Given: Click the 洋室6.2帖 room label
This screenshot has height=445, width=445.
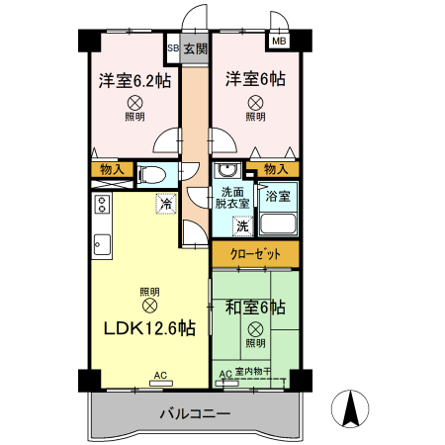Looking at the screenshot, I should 134,80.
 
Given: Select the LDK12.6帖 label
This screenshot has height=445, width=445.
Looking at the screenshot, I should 151,328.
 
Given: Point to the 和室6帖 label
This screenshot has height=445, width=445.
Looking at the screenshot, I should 255,307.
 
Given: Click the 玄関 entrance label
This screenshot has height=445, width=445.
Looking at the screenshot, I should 196,47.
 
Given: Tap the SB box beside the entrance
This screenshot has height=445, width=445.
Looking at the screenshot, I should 172,47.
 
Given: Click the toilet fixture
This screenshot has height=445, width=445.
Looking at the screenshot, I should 151,176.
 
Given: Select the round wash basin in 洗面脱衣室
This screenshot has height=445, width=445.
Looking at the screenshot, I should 225,170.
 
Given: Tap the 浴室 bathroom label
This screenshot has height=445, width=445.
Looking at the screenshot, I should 277,197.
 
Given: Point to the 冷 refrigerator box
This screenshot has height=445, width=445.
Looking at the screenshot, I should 167,204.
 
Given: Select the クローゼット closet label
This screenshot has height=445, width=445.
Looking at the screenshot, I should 254,254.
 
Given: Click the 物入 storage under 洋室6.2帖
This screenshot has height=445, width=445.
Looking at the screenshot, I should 112,170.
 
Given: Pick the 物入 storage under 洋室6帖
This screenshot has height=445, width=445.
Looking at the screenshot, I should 262,169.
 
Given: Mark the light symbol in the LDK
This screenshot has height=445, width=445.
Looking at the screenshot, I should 149,306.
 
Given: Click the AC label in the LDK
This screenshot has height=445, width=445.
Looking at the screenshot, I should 159,376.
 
